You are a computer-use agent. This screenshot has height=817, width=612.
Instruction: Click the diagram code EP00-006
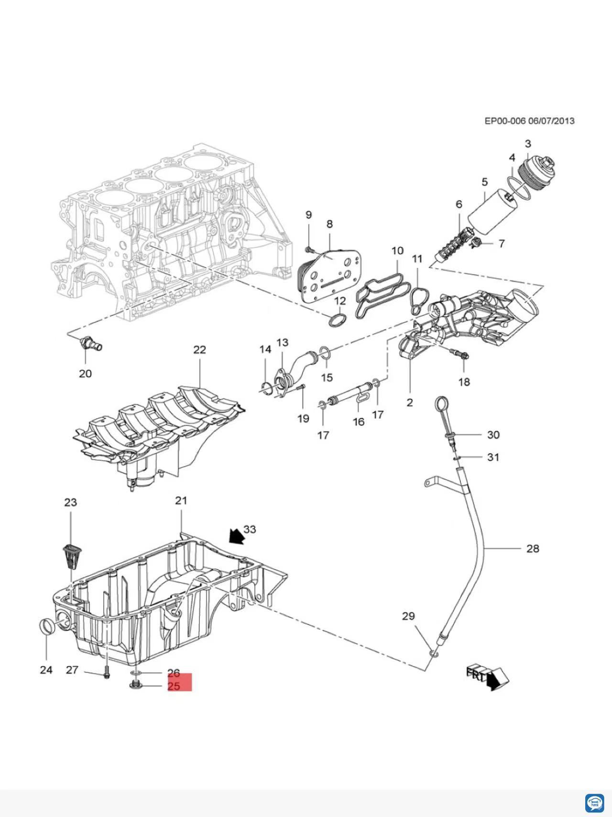point(505,121)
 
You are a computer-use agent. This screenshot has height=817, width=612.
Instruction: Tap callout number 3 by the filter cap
point(528,144)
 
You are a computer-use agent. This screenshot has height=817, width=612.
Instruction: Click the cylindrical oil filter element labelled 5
point(492,212)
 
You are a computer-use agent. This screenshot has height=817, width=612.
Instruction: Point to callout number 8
point(329,224)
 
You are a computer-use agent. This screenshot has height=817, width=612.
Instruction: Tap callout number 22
point(199,350)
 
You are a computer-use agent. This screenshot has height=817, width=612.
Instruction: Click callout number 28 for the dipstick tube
point(533,548)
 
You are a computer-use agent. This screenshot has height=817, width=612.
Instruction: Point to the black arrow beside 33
point(236,536)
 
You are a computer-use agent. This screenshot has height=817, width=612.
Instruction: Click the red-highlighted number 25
point(174,686)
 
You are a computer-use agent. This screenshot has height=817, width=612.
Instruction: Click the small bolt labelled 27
point(106,673)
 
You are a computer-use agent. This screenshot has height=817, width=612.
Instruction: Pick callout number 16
point(359,421)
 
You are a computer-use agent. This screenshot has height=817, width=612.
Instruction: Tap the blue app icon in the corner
point(594,802)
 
